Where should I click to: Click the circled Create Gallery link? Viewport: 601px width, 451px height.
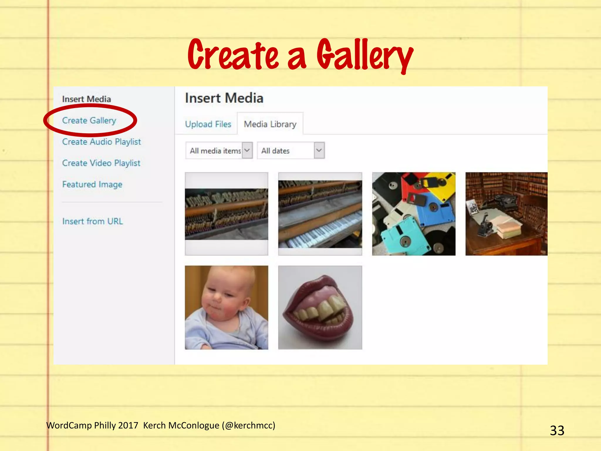tap(89, 120)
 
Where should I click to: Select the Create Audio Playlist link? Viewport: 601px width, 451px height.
tap(102, 142)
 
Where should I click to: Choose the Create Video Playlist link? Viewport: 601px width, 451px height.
tap(101, 163)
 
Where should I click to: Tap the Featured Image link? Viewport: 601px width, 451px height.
tap(92, 184)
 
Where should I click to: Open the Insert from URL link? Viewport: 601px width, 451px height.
tap(92, 221)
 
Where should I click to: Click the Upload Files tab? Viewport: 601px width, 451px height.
tap(208, 124)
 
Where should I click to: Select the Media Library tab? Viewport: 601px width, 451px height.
tap(270, 124)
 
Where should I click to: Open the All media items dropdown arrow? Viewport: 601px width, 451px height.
tap(247, 150)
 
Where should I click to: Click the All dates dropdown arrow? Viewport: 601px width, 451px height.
tap(319, 150)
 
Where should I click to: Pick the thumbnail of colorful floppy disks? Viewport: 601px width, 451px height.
tap(414, 214)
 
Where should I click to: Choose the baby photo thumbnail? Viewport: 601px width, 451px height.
tap(227, 307)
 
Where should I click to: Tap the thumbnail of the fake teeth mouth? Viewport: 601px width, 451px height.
tap(320, 307)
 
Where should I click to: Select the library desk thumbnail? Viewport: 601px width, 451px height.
tap(507, 214)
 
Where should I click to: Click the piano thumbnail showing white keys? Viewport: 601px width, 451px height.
tap(320, 214)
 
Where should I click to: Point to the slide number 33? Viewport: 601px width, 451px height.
tap(557, 430)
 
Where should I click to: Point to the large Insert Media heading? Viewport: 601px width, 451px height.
tap(224, 98)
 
